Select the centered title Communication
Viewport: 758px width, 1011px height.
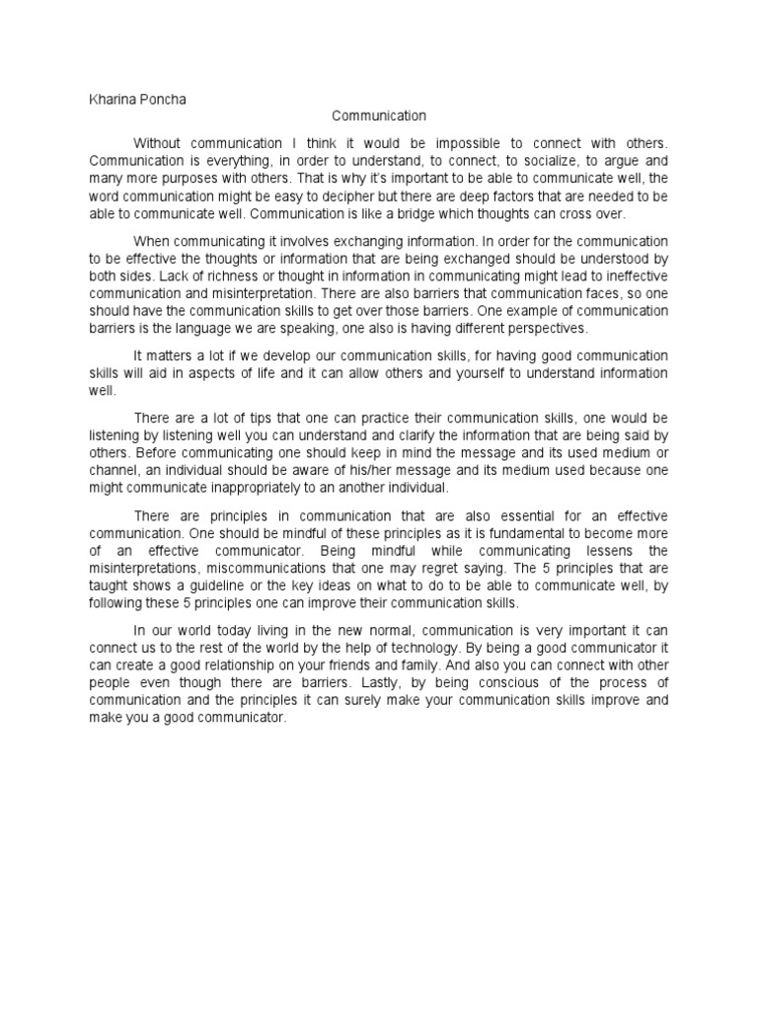click(x=378, y=116)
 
